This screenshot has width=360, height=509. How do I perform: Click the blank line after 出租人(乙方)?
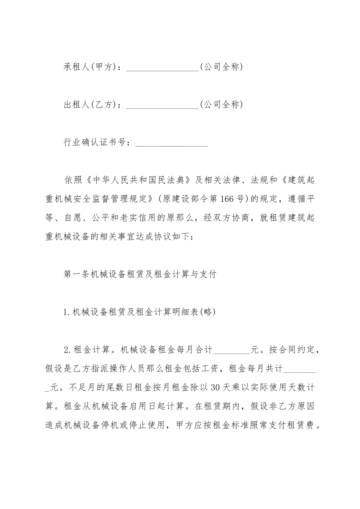pyautogui.click(x=162, y=105)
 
